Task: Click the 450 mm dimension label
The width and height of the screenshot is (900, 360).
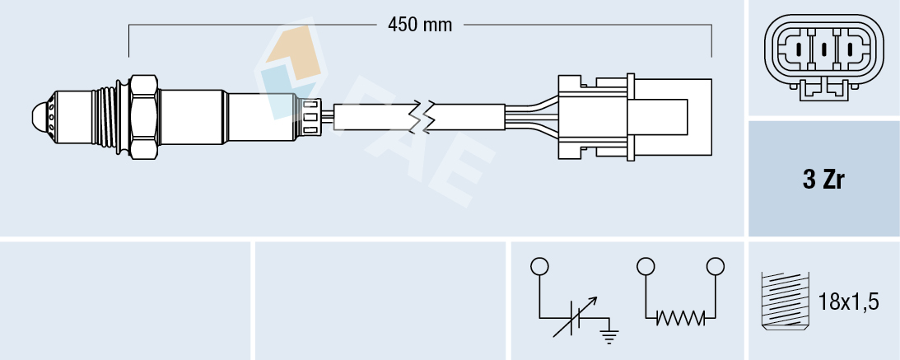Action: coord(421,25)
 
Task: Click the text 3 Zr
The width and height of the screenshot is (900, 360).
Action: coord(823,180)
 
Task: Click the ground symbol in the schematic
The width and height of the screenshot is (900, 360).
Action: coord(610,334)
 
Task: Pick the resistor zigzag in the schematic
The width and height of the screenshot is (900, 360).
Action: coord(679,317)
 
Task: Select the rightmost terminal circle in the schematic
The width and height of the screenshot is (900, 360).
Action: coord(715,266)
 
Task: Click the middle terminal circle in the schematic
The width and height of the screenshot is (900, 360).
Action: coord(646,266)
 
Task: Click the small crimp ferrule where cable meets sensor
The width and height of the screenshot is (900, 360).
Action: coord(311,115)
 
